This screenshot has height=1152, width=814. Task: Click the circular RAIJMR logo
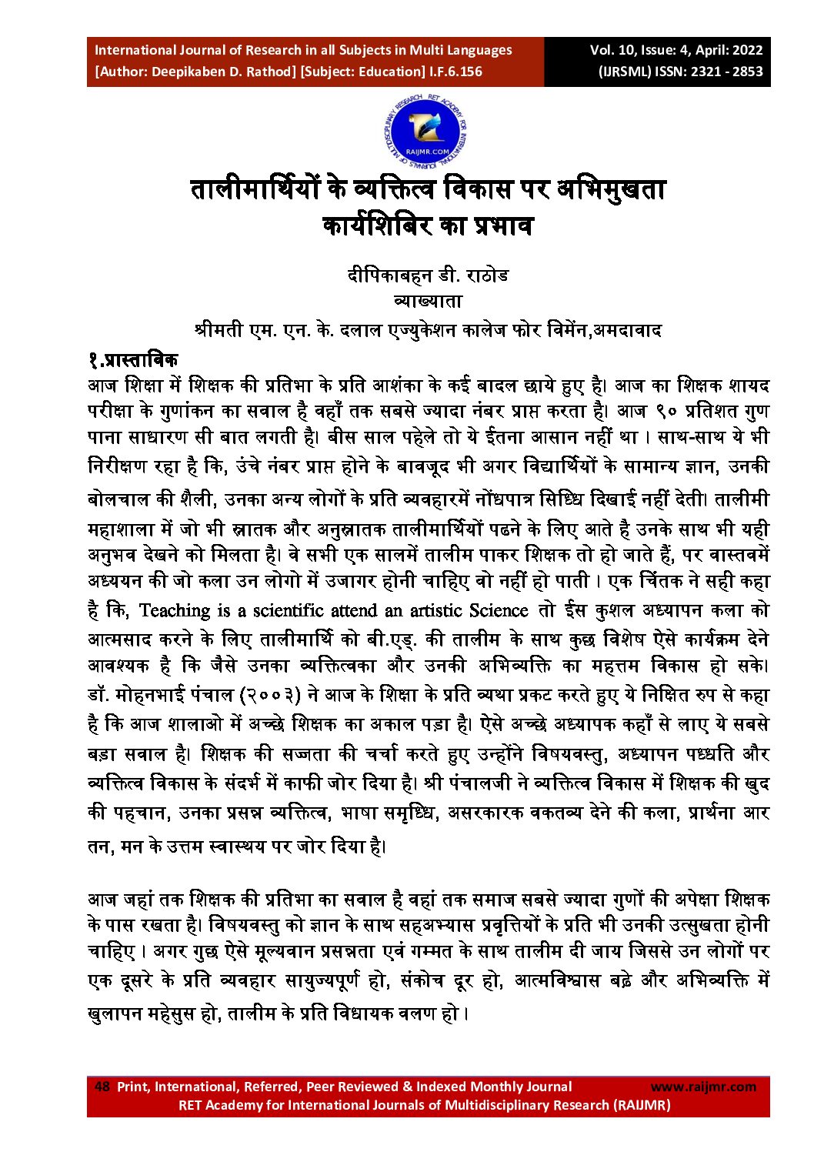[x=426, y=131]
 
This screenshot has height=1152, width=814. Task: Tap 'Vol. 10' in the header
[x=612, y=51]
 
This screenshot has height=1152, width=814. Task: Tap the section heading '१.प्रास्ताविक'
[x=132, y=359]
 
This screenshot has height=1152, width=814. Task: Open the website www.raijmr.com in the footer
[x=703, y=1087]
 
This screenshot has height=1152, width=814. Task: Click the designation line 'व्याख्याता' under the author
[x=428, y=302]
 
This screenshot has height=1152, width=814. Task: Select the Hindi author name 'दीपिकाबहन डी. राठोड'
[x=428, y=275]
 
